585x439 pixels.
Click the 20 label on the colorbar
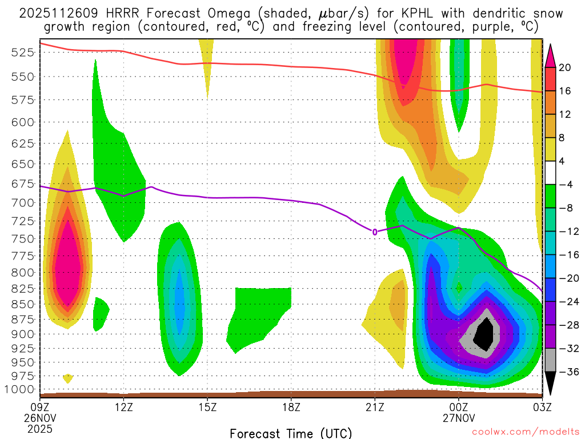tap(565, 67)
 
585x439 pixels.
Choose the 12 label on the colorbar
tap(565, 114)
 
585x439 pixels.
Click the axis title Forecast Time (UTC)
tap(291, 433)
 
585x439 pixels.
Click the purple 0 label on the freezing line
tap(375, 232)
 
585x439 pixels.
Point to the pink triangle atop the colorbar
tap(551, 55)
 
